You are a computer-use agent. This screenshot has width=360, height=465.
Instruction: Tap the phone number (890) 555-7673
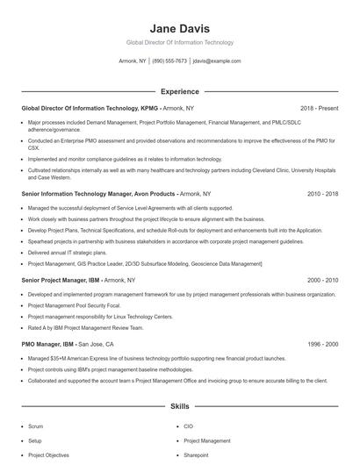(x=169, y=61)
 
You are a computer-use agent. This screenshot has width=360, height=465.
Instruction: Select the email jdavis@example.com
(x=217, y=61)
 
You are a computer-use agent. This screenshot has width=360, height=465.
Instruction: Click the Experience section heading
(x=180, y=91)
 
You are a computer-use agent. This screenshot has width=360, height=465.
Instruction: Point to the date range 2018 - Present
(x=319, y=108)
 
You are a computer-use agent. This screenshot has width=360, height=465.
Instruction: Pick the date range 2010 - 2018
(x=322, y=193)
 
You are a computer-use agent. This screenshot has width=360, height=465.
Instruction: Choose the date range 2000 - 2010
(x=322, y=280)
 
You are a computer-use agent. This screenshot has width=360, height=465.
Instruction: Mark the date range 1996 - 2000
(x=322, y=345)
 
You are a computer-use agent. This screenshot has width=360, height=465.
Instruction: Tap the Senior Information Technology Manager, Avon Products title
(x=98, y=193)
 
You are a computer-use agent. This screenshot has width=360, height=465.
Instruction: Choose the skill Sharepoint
(x=196, y=455)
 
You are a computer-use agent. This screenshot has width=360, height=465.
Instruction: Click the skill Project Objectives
(x=47, y=455)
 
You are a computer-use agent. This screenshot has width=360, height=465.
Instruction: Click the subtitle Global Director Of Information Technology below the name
(x=180, y=42)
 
